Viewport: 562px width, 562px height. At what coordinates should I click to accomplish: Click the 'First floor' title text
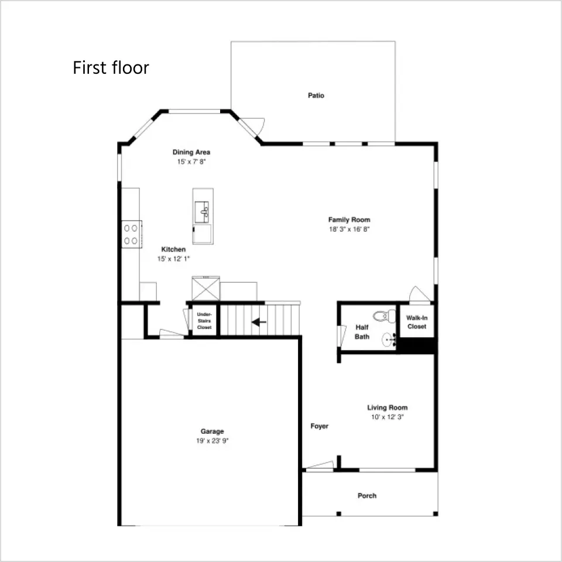point(111,68)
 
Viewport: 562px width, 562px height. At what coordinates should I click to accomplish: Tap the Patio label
point(316,95)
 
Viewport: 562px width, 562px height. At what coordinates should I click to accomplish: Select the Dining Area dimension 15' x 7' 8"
point(191,162)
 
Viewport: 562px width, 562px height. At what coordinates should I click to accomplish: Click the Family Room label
point(349,220)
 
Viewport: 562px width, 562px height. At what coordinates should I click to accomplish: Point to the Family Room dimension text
point(349,229)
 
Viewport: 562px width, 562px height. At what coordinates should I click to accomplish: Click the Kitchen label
point(173,249)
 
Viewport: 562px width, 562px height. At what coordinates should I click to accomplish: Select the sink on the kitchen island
point(202,212)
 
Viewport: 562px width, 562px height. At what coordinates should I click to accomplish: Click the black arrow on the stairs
point(259,322)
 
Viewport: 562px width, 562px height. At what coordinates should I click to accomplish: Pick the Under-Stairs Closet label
point(204,321)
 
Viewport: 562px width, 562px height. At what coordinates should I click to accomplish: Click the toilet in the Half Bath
point(385,316)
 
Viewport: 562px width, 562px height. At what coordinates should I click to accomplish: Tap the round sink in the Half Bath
point(389,340)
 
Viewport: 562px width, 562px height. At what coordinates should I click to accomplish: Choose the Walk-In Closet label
point(417,322)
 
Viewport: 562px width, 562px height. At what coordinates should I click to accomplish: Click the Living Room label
point(388,407)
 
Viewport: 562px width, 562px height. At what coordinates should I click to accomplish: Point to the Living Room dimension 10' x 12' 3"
point(388,417)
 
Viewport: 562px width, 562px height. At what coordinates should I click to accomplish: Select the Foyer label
point(320,426)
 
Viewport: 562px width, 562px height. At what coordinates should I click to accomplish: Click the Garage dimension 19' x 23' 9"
point(212,440)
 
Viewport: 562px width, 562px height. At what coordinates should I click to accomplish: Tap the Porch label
point(367,496)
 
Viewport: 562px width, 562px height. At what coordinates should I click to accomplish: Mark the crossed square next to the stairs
point(206,289)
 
